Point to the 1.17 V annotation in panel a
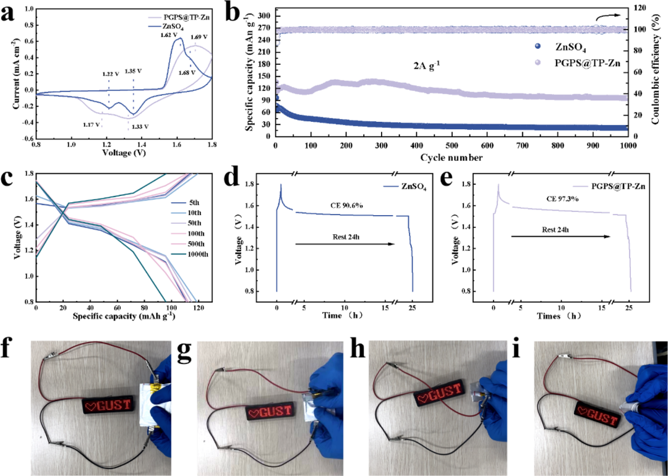(92, 125)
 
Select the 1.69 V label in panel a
(199, 36)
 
